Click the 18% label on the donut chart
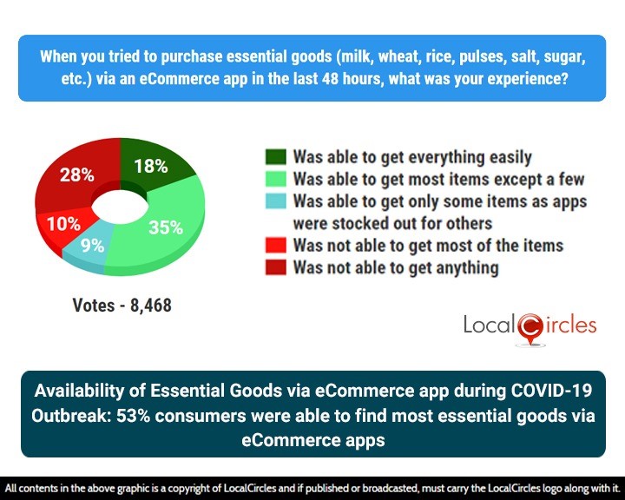pos(150,167)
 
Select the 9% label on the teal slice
pos(92,246)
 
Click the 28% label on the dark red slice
pos(76,174)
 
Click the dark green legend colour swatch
pos(276,157)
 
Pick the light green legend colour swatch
pos(276,180)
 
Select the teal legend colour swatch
pos(276,201)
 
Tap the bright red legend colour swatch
pos(276,246)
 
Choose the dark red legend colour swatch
pos(276,267)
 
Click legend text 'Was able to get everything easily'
pos(412,157)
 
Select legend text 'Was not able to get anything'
pos(396,267)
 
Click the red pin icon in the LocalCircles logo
pos(530,327)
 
